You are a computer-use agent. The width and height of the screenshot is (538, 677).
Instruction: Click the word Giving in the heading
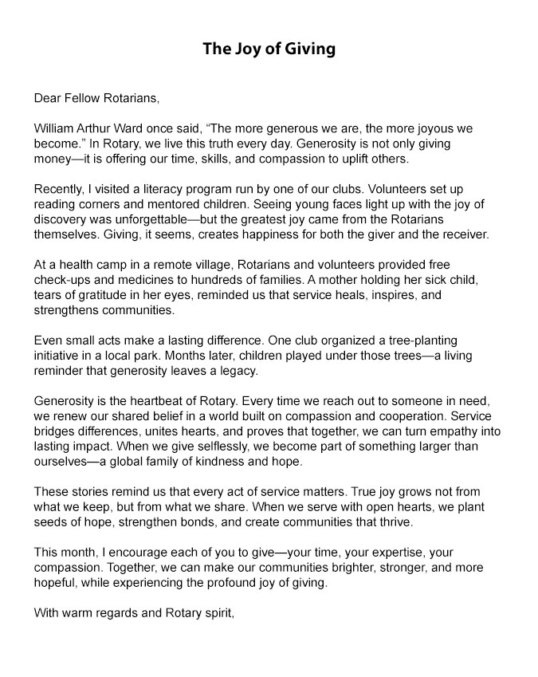308,49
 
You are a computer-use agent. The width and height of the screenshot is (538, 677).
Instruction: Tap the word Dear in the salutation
47,99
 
